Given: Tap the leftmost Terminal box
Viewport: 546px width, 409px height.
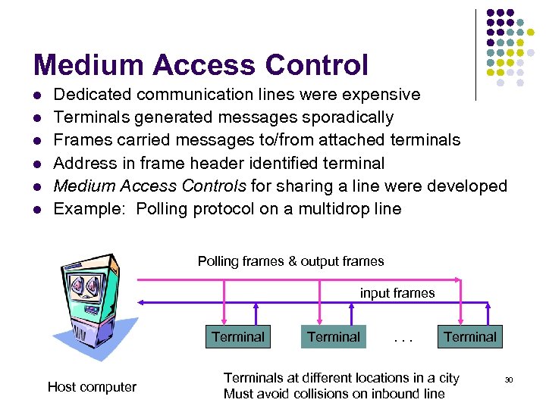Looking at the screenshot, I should click(238, 337).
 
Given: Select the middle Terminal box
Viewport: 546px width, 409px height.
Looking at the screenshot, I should click(334, 337).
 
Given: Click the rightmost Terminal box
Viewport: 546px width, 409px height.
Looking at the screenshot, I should click(470, 337).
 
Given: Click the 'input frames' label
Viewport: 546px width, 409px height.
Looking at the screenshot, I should click(397, 293).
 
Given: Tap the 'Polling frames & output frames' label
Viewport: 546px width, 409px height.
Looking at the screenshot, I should click(290, 261).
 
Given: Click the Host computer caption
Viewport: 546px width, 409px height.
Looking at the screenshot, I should click(92, 387).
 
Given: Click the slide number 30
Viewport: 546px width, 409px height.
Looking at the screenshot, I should click(509, 379).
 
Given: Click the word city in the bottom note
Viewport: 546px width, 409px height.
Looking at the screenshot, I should click(449, 378).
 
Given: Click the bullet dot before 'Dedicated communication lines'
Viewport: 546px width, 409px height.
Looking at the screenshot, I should click(37, 95).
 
